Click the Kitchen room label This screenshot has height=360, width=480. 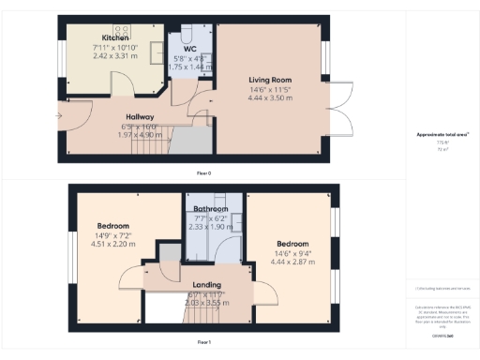tap(103, 37)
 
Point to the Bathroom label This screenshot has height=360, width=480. tap(211, 208)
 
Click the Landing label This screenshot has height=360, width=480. tap(206, 284)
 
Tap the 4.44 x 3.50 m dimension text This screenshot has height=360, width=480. tap(270, 97)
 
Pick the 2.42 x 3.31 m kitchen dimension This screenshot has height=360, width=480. tap(103, 56)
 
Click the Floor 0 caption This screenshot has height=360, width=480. tap(203, 173)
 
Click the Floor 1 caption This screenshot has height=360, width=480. tap(203, 343)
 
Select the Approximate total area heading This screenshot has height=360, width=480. tap(434, 135)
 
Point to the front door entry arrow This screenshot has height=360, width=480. tap(59, 116)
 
